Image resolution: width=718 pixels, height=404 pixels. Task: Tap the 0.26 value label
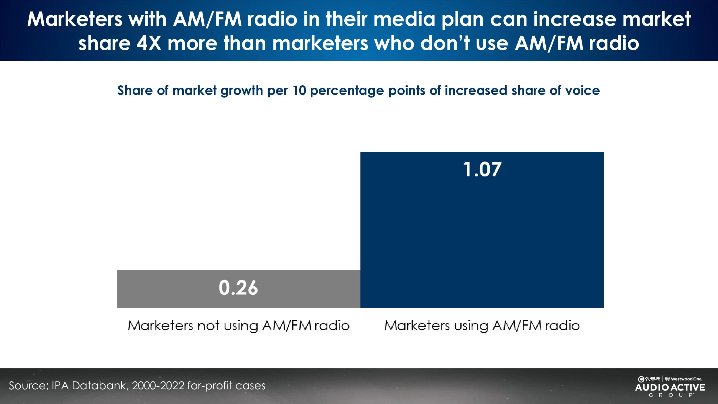click(238, 288)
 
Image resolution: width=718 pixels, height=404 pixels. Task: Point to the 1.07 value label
click(482, 169)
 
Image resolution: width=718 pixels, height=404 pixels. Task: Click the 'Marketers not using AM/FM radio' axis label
click(239, 326)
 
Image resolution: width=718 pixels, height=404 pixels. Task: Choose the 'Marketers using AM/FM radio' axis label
click(482, 326)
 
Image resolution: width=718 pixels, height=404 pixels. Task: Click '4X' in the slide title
click(149, 43)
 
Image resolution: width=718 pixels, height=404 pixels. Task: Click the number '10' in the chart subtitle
click(299, 91)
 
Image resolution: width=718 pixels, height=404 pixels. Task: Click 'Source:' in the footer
click(29, 386)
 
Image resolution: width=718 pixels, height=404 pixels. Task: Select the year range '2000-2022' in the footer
click(158, 386)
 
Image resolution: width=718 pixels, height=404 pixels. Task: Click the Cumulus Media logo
click(649, 379)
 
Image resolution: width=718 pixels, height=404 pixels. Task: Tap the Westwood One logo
click(683, 379)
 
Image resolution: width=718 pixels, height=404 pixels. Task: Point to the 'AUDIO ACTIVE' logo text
click(670, 387)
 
